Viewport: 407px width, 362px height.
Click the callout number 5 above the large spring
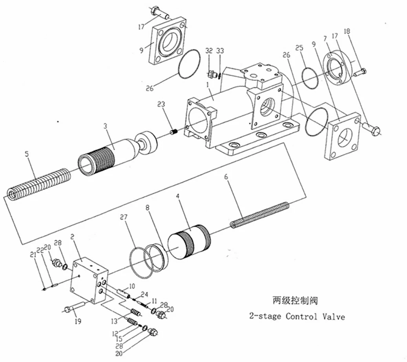click(x=27, y=154)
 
